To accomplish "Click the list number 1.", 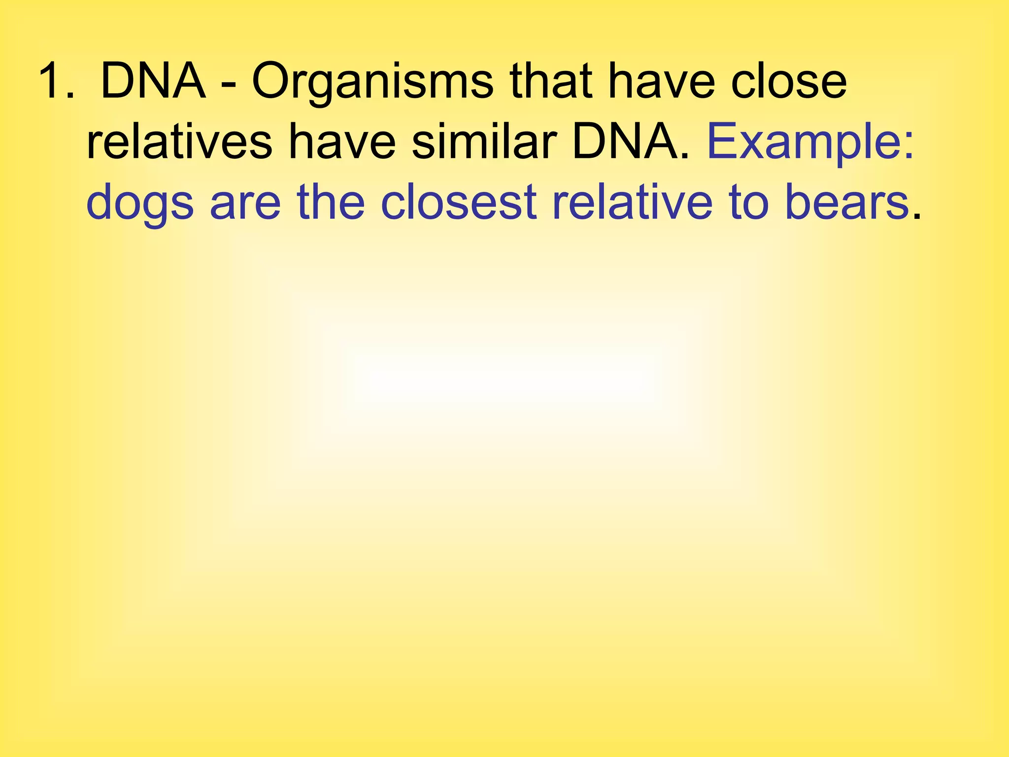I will pos(55,81).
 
